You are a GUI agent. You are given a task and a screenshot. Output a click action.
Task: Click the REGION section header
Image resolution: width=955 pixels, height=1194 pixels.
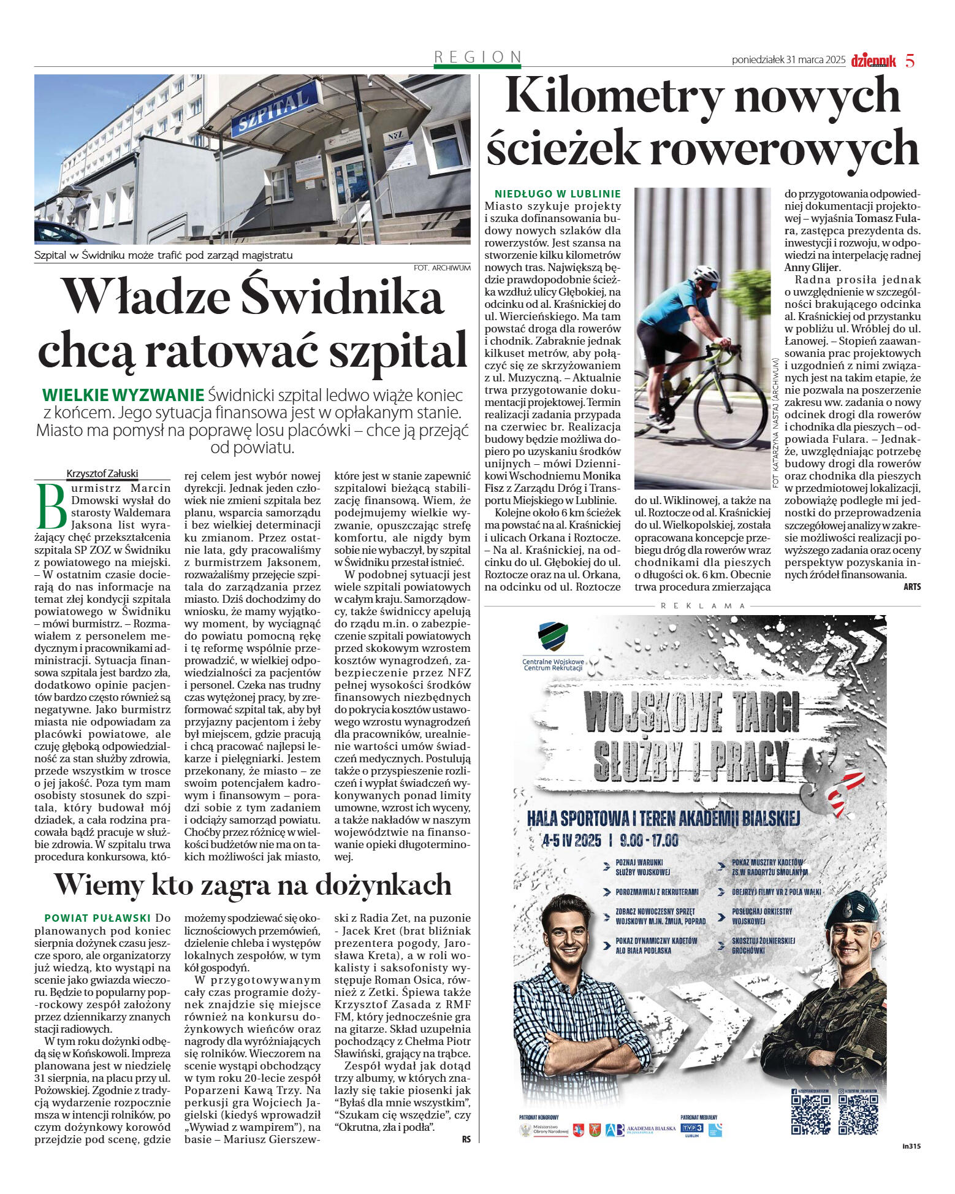477,57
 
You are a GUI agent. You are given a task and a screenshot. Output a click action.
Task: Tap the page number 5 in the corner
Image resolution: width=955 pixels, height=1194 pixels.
910,61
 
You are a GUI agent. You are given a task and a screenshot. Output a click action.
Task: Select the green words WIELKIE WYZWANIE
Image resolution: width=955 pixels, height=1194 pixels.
123,395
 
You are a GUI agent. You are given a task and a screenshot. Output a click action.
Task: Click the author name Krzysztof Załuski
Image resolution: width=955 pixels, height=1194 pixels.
102,473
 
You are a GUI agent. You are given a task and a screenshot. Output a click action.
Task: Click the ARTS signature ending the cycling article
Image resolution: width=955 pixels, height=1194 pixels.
911,586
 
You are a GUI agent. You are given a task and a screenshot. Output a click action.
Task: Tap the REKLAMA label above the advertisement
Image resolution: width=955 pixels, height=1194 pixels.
703,605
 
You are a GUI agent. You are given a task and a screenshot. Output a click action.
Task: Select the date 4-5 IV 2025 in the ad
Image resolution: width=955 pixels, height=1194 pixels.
571,840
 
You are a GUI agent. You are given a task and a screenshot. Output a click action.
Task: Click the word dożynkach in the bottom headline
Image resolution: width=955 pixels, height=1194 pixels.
384,884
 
